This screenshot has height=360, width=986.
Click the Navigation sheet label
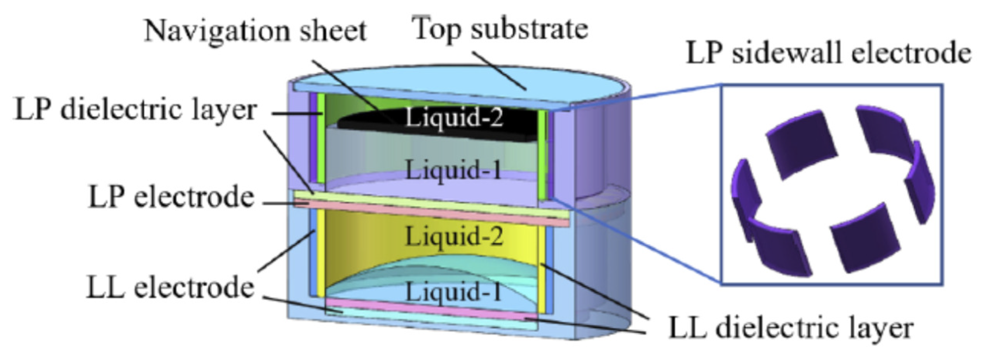pyautogui.click(x=255, y=31)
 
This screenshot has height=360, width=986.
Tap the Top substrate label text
pyautogui.click(x=500, y=29)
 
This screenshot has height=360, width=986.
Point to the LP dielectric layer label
pyautogui.click(x=136, y=110)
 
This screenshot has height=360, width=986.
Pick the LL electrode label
pyautogui.click(x=170, y=288)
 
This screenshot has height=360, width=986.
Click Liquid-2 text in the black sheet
pyautogui.click(x=454, y=117)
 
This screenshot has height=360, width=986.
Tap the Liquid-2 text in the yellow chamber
pyautogui.click(x=454, y=236)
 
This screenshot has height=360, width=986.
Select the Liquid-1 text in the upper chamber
pyautogui.click(x=454, y=169)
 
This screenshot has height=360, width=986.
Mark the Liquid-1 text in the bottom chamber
pyautogui.click(x=454, y=292)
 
